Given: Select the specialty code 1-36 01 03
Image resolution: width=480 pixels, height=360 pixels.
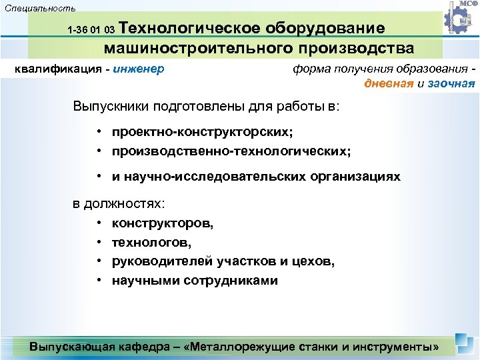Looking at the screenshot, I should click(92, 31).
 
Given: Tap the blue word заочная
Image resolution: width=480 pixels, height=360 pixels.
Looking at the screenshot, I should click(451, 83).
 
